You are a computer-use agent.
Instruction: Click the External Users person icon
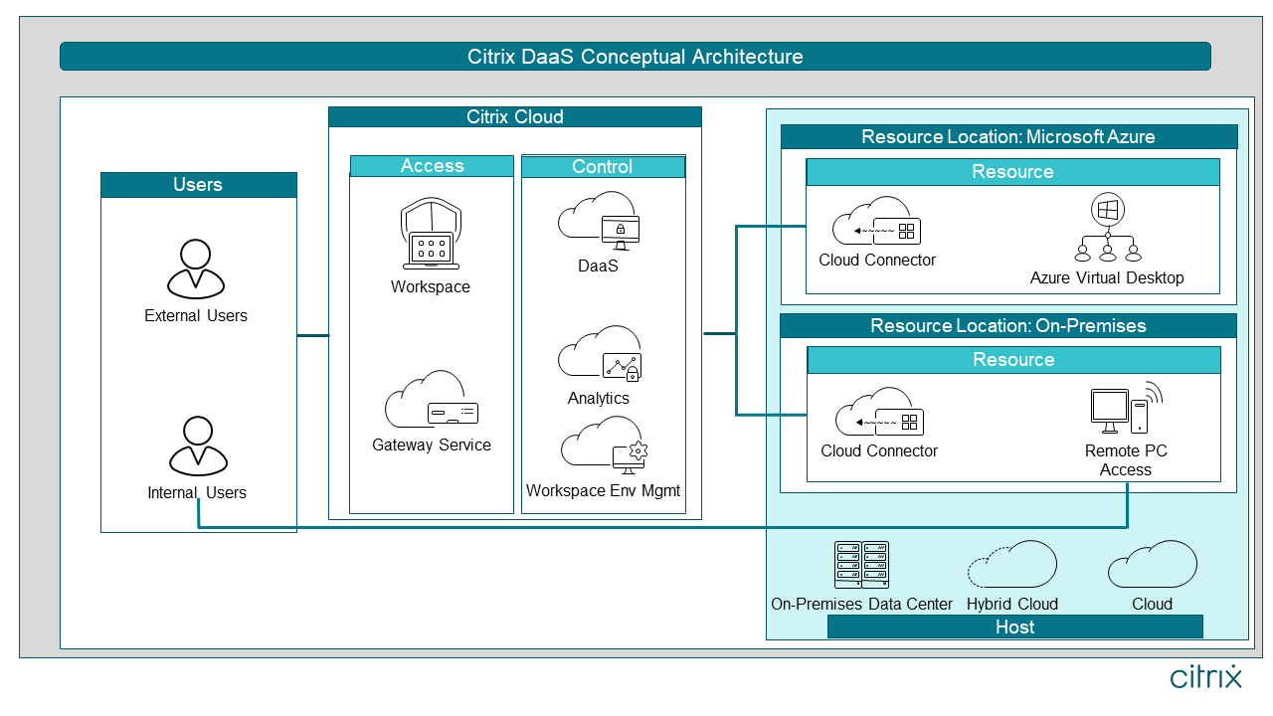(196, 268)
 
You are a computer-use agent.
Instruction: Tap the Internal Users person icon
(198, 446)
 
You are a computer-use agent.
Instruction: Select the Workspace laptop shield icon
(430, 235)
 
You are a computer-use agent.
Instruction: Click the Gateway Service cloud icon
(432, 400)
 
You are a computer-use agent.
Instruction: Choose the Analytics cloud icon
(599, 353)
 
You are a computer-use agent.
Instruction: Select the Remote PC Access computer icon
(1125, 409)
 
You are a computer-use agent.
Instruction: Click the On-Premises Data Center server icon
(861, 565)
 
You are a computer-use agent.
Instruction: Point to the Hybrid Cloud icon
(1011, 566)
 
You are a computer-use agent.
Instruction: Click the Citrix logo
(1205, 677)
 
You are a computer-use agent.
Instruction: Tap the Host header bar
(1014, 626)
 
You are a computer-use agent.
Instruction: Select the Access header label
(432, 166)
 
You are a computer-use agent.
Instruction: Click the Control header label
(603, 166)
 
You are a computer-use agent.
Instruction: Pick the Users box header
(198, 185)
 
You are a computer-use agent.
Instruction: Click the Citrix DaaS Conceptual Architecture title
(635, 57)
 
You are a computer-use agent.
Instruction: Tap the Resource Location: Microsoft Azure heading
(1007, 136)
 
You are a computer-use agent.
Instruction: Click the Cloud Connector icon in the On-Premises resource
(879, 416)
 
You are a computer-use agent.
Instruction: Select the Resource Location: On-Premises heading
(1007, 325)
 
